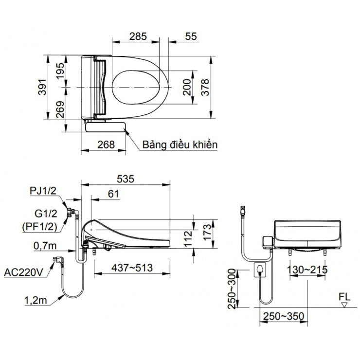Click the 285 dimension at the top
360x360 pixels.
pyautogui.click(x=139, y=36)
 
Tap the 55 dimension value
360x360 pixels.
pyautogui.click(x=191, y=36)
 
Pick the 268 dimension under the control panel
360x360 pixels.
pyautogui.click(x=105, y=144)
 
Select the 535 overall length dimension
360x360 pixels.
pyautogui.click(x=125, y=179)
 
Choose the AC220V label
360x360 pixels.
pyautogui.click(x=24, y=271)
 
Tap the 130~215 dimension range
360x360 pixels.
pyautogui.click(x=306, y=270)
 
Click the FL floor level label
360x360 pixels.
pyautogui.click(x=343, y=296)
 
